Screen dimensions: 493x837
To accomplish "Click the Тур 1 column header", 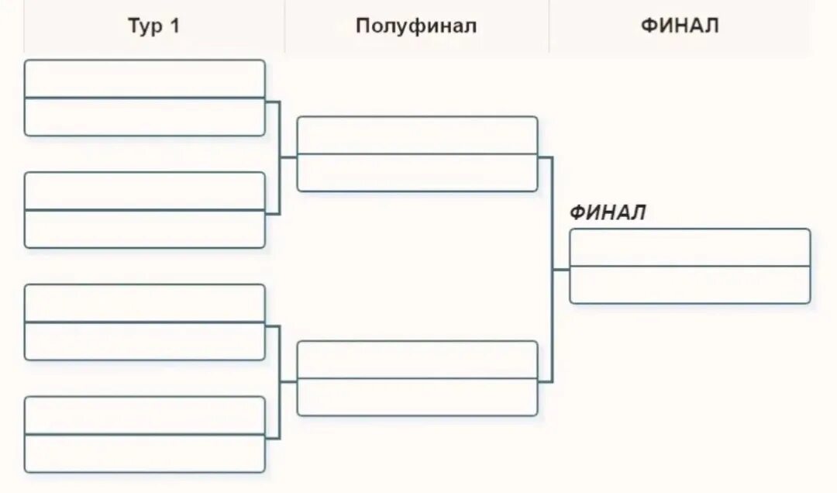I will point(153,26).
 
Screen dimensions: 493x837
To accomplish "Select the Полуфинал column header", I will point(416,26).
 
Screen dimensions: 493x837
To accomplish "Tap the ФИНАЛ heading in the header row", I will point(680,26).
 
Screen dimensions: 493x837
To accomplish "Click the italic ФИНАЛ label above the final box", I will point(608,213).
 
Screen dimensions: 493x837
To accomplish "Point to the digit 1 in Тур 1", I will point(174,26).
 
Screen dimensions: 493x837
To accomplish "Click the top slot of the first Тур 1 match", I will point(145,79).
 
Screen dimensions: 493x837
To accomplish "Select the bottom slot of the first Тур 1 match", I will point(145,117).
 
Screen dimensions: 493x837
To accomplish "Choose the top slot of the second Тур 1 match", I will point(145,191).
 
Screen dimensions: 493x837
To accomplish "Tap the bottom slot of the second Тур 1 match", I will point(145,229).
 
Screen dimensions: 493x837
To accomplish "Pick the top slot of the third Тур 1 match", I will point(145,303).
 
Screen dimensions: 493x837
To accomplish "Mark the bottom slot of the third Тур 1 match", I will point(145,341).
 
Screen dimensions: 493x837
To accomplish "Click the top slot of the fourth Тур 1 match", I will point(145,415).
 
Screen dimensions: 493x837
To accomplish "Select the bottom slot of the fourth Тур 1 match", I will point(145,453).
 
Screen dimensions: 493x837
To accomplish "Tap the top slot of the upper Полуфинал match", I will point(417,135).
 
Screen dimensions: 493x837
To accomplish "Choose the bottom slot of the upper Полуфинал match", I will point(417,173).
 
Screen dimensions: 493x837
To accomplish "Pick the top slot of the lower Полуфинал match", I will point(417,360).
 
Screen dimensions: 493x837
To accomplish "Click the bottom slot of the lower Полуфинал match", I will point(417,397).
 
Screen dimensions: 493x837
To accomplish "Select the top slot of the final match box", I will point(690,247).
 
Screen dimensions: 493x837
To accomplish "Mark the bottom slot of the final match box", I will point(690,284).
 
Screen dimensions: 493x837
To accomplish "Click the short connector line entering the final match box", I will point(561,270).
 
